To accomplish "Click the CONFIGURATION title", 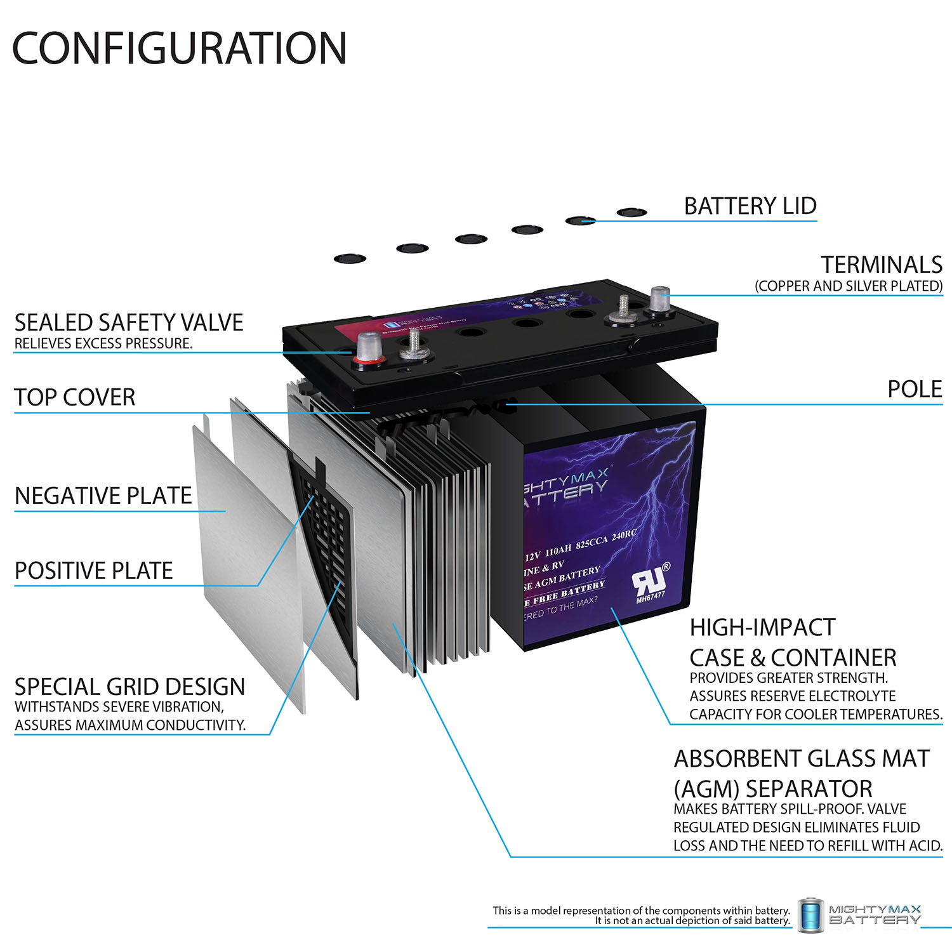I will point(180,49).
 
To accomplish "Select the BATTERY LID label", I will point(750,206).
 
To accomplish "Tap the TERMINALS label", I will point(882,265).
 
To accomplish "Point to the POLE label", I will point(915,389).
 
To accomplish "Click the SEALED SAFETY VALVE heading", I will point(129,322).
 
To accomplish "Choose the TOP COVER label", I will point(75,397).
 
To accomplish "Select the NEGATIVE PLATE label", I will point(103,496).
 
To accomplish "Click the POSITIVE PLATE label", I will point(94,571).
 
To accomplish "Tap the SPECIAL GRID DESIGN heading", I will point(129,687).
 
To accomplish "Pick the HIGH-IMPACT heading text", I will point(762,628).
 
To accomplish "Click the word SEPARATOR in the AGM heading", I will point(809,789).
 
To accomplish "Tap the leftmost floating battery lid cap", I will point(350,259).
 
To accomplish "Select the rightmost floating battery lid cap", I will point(631,213).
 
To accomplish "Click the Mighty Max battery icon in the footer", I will point(810,915).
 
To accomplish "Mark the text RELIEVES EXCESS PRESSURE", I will point(103,344).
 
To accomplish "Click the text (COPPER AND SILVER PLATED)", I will point(849,286).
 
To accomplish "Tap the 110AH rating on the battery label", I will point(559,548).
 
